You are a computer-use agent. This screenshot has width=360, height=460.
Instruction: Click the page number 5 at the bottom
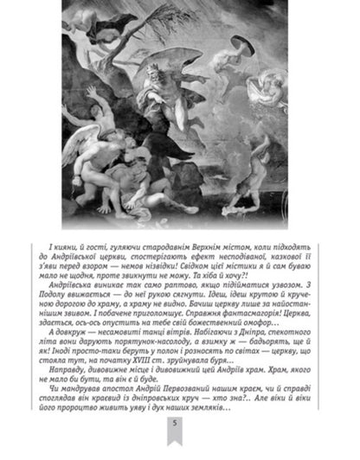pos(176,447)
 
